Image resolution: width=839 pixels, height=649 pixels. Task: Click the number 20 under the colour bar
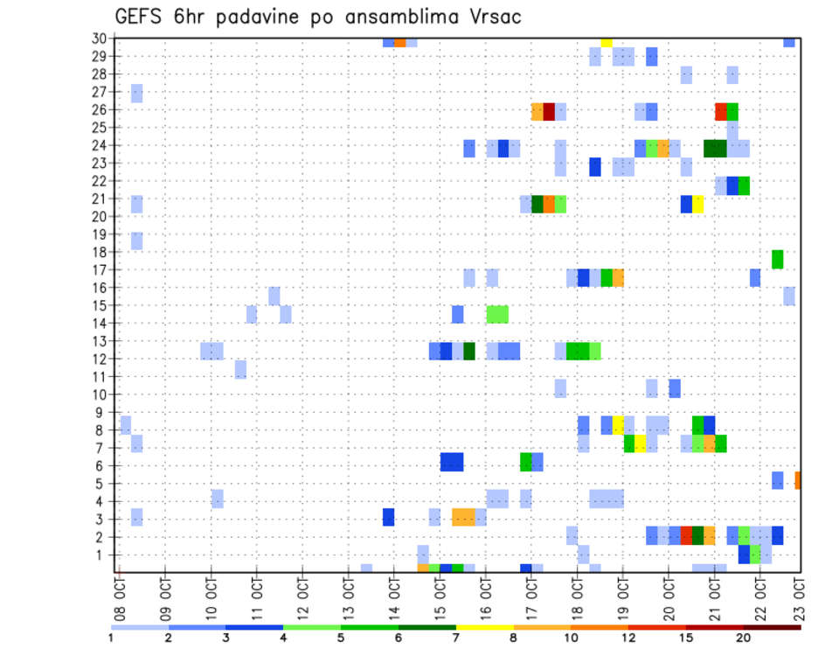(x=743, y=638)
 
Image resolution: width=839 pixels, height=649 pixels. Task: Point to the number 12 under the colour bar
(x=628, y=638)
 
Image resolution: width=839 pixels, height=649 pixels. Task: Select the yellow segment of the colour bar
(x=484, y=626)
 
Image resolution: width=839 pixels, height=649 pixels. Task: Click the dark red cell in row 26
(x=549, y=111)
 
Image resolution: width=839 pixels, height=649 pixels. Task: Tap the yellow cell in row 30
(x=607, y=41)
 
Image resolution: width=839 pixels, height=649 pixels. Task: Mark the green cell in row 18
(x=778, y=259)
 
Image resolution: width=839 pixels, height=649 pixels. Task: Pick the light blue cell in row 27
(x=137, y=93)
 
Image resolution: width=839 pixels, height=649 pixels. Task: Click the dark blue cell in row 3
(x=388, y=517)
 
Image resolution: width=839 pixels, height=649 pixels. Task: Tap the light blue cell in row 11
(x=240, y=369)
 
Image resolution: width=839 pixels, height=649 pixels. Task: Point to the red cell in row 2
(x=686, y=535)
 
